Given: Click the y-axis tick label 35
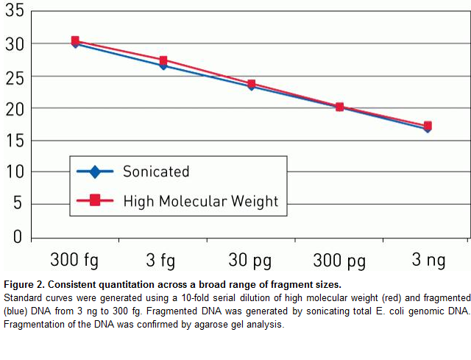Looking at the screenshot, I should pyautogui.click(x=13, y=12).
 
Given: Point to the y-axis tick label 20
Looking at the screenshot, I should pyautogui.click(x=13, y=108).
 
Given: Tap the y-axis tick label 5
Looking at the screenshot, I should pyautogui.click(x=17, y=205).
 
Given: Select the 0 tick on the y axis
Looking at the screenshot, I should pyautogui.click(x=17, y=237).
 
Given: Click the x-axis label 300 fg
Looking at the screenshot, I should pyautogui.click(x=74, y=260).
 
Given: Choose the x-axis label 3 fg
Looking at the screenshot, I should pyautogui.click(x=163, y=260).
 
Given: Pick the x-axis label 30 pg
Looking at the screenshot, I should pyautogui.click(x=251, y=260).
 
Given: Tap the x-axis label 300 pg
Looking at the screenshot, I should pyautogui.click(x=339, y=260).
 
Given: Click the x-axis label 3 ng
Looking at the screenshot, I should pyautogui.click(x=427, y=260).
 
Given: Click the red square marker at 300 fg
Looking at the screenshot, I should pyautogui.click(x=75, y=40).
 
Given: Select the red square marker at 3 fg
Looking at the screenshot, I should pyautogui.click(x=163, y=60).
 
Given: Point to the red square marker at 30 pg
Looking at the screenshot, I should pyautogui.click(x=252, y=84).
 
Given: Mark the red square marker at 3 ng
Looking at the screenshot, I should pyautogui.click(x=428, y=126).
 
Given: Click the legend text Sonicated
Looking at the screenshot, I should pyautogui.click(x=156, y=172).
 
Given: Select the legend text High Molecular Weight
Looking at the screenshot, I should pyautogui.click(x=200, y=200).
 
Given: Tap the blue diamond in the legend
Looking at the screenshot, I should pyautogui.click(x=94, y=172).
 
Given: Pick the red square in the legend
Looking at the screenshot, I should pyautogui.click(x=94, y=201).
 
